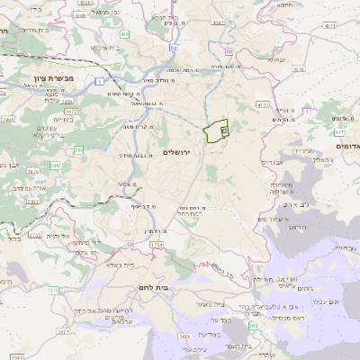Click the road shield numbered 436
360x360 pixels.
125,33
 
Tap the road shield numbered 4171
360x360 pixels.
330,26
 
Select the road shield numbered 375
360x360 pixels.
53,291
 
